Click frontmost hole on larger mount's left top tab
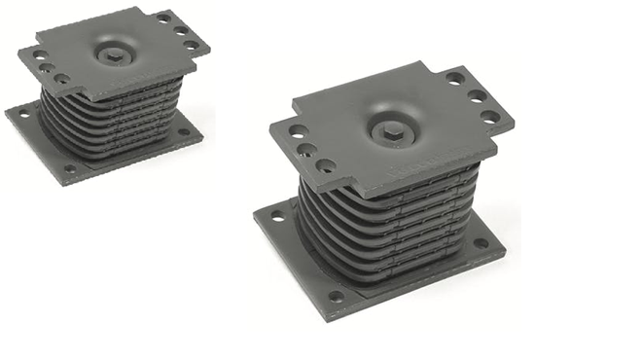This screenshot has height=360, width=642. [326, 165]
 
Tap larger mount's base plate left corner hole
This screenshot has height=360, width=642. [277, 216]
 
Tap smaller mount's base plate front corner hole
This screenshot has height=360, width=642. [69, 168]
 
